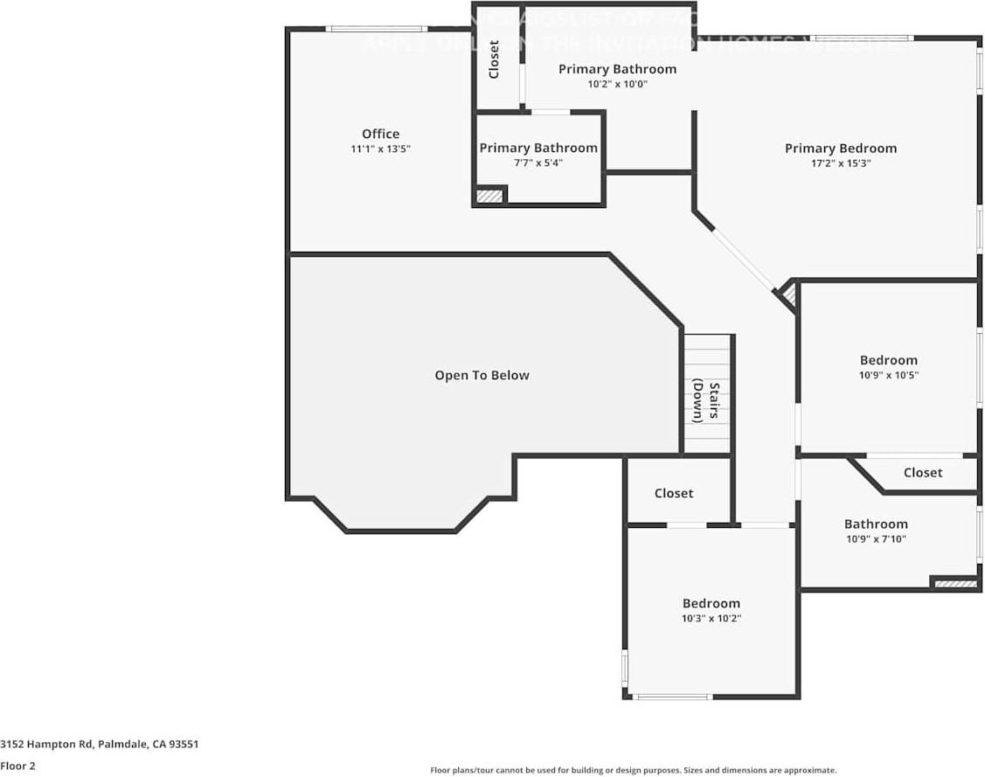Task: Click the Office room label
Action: click(x=380, y=134)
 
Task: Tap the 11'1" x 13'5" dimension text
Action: click(x=380, y=149)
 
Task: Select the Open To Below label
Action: click(x=482, y=375)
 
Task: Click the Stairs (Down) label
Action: click(x=706, y=401)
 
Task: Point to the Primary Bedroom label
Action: click(x=840, y=148)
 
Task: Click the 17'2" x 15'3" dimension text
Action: click(x=840, y=163)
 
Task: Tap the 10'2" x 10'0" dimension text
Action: click(x=617, y=84)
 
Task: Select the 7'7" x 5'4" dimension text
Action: click(x=538, y=163)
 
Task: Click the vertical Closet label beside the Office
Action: click(x=494, y=59)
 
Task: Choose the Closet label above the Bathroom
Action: click(x=922, y=472)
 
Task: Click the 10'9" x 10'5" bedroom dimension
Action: click(x=888, y=375)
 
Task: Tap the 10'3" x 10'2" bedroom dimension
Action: click(x=711, y=618)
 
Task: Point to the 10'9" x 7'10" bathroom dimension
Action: click(x=875, y=538)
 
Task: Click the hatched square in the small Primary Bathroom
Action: click(x=490, y=196)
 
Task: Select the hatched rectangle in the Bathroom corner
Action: click(x=954, y=583)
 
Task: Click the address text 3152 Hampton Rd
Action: click(x=100, y=745)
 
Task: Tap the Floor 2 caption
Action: click(x=17, y=766)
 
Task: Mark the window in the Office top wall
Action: click(x=377, y=29)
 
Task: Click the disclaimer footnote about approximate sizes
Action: click(x=633, y=770)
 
